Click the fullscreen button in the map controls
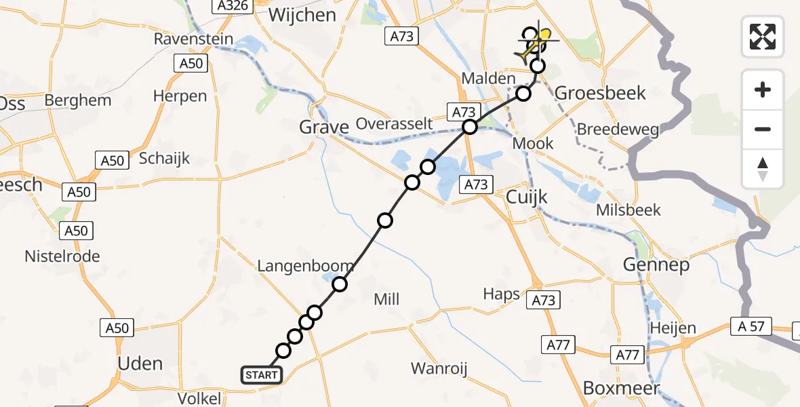pyautogui.click(x=763, y=36)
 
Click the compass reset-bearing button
pyautogui.click(x=763, y=170)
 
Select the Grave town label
pyautogui.click(x=323, y=127)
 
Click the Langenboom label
pyautogui.click(x=305, y=266)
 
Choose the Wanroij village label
pyautogui.click(x=440, y=369)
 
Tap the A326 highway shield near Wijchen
pyautogui.click(x=233, y=6)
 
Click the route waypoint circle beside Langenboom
pyautogui.click(x=340, y=284)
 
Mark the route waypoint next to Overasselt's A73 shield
pyautogui.click(x=470, y=127)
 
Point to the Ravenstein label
pyautogui.click(x=193, y=39)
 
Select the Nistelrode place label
pyautogui.click(x=62, y=256)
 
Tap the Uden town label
pyautogui.click(x=140, y=364)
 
